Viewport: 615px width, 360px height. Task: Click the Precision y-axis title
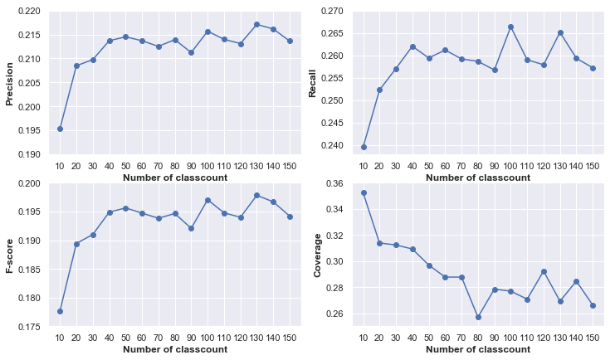(11, 83)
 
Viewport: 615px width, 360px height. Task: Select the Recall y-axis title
(313, 83)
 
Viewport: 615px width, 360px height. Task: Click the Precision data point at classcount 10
(60, 129)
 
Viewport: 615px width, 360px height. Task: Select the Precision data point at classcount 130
(256, 24)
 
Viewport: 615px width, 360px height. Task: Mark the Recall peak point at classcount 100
(510, 27)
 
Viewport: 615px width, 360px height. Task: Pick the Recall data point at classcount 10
(364, 147)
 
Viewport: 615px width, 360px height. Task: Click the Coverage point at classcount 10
(364, 192)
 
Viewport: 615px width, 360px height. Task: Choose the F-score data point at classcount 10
(60, 311)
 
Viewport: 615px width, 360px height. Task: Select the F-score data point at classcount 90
(191, 228)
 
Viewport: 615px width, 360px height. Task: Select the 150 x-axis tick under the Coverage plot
(591, 339)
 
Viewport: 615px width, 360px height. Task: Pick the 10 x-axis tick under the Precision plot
(60, 167)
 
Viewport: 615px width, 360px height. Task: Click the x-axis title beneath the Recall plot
(477, 178)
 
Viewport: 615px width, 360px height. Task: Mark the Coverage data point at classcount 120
(542, 271)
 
